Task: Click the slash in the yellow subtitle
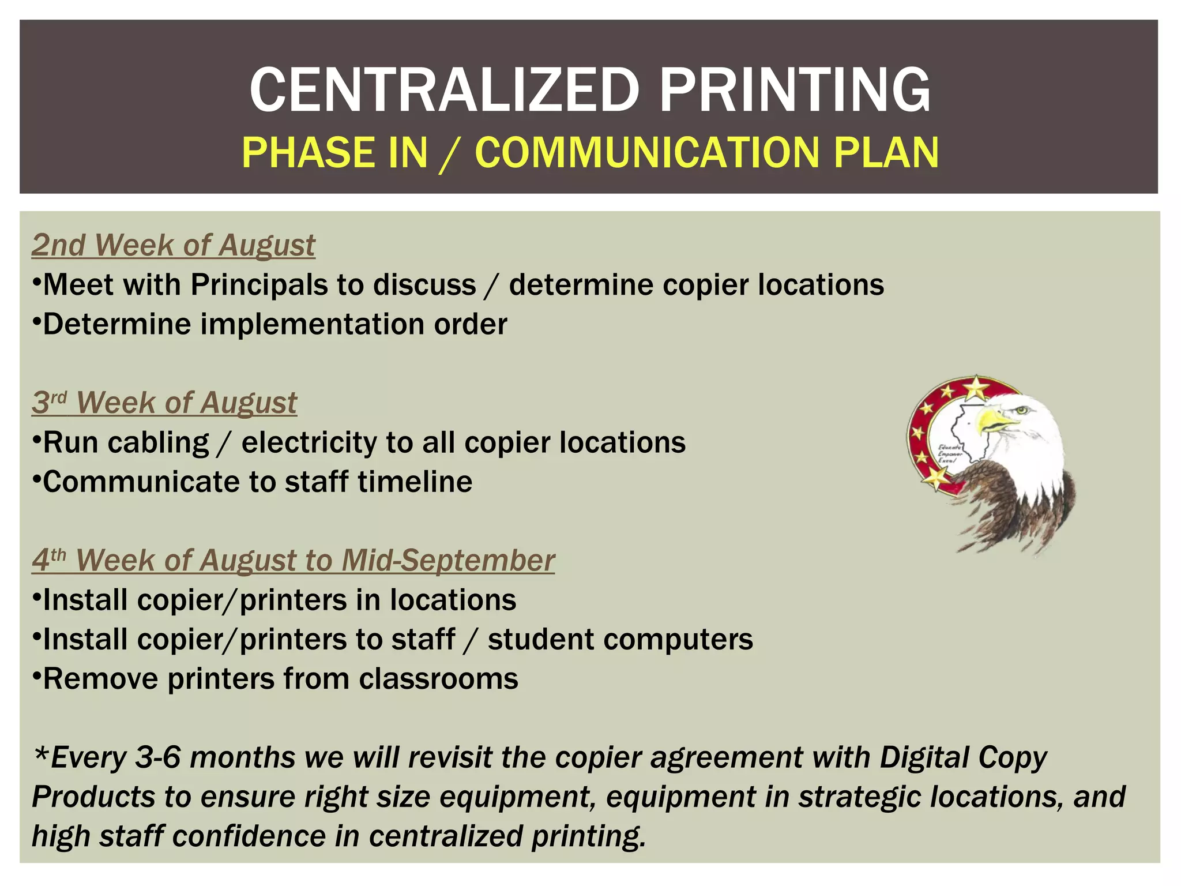[x=450, y=154]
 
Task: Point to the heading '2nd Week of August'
[x=173, y=245]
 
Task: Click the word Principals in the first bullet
[x=276, y=285]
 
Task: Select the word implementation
[x=312, y=325]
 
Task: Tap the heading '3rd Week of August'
[x=164, y=403]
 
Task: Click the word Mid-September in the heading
[x=448, y=560]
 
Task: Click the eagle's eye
[x=1022, y=410]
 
